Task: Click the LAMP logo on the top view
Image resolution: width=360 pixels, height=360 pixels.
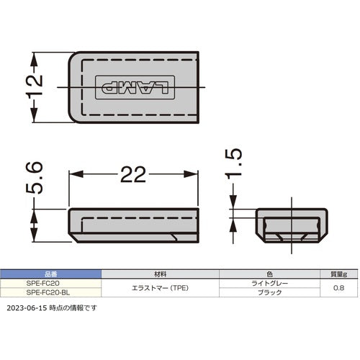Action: (x=135, y=87)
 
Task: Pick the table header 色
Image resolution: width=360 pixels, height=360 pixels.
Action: (x=269, y=274)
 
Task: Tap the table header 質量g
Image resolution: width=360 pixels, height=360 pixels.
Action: (x=340, y=274)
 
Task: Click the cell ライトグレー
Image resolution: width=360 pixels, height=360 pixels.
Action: (x=269, y=284)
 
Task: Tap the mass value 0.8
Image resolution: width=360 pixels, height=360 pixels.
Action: (x=340, y=289)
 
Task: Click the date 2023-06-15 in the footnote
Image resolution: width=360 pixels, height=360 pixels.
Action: (x=27, y=308)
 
